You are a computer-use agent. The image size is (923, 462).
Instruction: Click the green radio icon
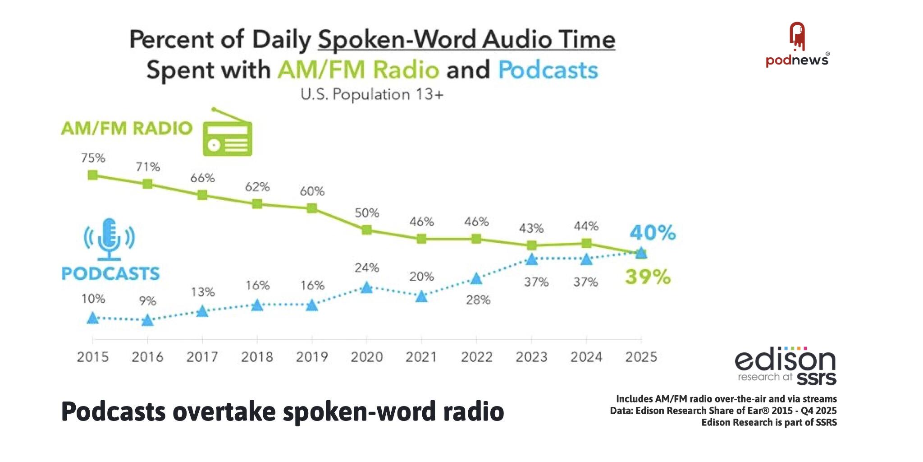(227, 134)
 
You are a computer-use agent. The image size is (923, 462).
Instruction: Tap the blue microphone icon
(109, 239)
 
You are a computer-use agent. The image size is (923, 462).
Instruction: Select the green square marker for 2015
(93, 175)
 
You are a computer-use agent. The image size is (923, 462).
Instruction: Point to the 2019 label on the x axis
(312, 357)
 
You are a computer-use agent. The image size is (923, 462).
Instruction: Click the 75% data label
(93, 158)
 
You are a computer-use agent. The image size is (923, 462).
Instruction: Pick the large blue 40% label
(653, 233)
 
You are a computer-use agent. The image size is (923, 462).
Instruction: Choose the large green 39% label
(648, 277)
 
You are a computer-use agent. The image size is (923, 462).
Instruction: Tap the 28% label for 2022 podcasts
(478, 300)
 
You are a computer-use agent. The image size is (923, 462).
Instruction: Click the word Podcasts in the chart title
(548, 70)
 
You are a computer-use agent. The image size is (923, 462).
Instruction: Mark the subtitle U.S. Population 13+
(372, 95)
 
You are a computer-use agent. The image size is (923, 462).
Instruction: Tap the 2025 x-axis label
(641, 357)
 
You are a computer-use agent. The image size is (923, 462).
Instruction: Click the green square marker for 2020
(367, 230)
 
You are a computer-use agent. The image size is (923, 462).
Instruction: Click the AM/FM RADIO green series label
(127, 129)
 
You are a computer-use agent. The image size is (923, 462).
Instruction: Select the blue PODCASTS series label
(110, 274)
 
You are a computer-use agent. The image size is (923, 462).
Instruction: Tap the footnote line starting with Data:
(723, 411)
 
